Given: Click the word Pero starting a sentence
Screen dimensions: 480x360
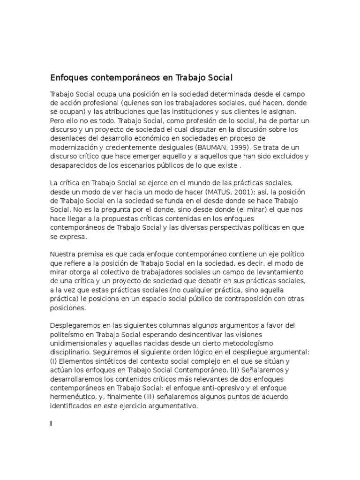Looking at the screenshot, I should (58, 120).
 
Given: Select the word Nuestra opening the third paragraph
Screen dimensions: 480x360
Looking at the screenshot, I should (64, 254).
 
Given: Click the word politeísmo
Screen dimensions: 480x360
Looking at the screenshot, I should (68, 334).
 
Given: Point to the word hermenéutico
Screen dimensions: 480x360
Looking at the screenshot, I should (72, 397).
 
